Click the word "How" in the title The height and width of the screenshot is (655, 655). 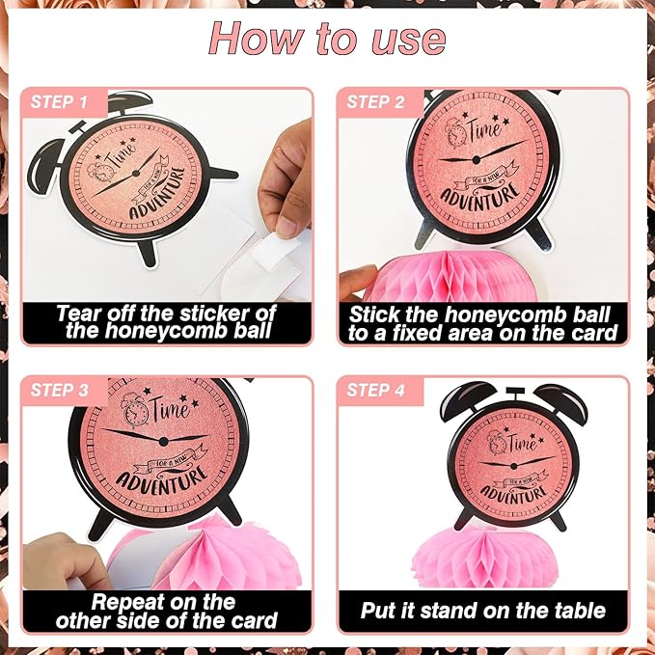pyautogui.click(x=257, y=39)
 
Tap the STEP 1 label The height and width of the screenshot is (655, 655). pyautogui.click(x=59, y=102)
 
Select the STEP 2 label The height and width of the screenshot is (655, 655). pyautogui.click(x=375, y=102)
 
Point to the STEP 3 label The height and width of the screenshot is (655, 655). pyautogui.click(x=59, y=390)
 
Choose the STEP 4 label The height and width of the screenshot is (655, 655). pyautogui.click(x=375, y=390)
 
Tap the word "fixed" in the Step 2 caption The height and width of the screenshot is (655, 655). pyautogui.click(x=420, y=333)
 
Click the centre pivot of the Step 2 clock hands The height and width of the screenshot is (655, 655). pyautogui.click(x=476, y=159)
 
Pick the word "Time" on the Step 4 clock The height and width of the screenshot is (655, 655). pyautogui.click(x=523, y=442)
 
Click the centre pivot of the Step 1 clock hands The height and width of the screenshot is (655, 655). pyautogui.click(x=135, y=173)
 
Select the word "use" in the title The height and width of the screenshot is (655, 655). pyautogui.click(x=408, y=41)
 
